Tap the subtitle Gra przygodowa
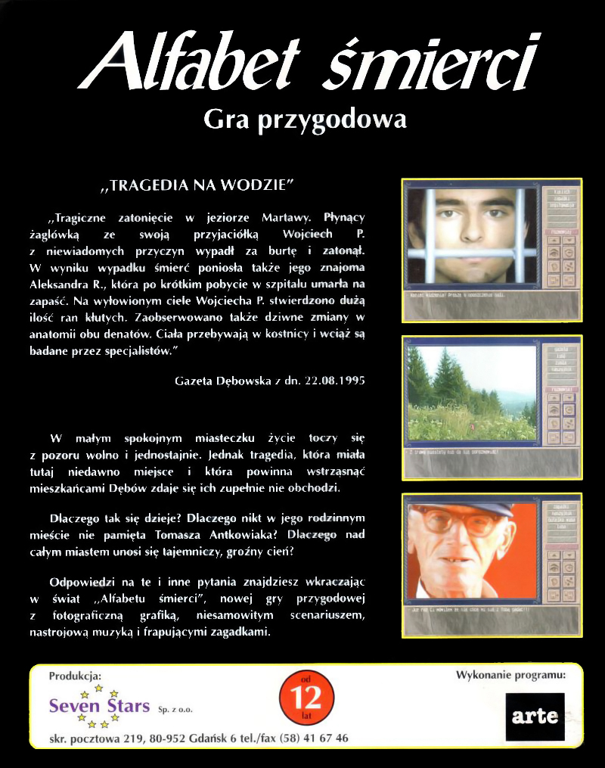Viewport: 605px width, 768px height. pos(306,119)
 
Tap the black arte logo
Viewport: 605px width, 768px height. pos(535,716)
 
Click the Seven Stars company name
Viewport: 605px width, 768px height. pos(99,706)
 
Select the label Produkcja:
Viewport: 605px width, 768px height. pos(74,676)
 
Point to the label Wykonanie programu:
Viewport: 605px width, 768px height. pos(510,674)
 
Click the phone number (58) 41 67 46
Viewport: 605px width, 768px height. pos(314,738)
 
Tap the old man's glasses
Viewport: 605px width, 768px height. pos(455,521)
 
